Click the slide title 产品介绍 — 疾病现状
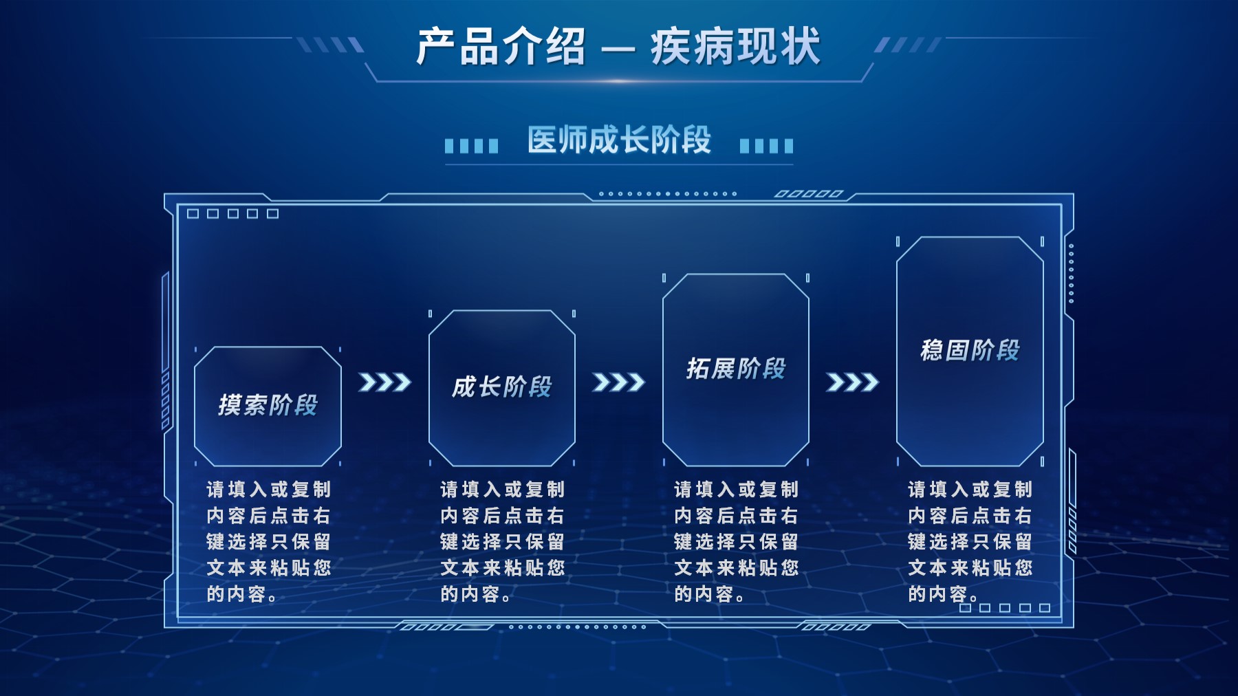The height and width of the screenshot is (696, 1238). [x=618, y=47]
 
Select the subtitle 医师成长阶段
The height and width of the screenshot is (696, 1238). [x=619, y=140]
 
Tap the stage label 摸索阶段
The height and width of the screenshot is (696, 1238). [x=268, y=405]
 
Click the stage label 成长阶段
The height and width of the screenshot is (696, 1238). [x=502, y=387]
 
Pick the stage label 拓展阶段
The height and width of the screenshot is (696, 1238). [x=736, y=369]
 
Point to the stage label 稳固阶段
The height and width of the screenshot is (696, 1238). [x=970, y=350]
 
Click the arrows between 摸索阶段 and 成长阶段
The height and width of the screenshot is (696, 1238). [x=384, y=382]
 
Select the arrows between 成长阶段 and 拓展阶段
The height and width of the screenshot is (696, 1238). [x=618, y=382]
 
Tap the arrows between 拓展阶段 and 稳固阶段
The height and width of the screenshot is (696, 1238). [x=852, y=382]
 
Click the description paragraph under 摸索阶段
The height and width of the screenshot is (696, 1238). [x=269, y=542]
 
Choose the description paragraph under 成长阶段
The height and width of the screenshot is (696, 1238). [x=503, y=542]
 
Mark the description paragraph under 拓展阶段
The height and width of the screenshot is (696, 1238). [x=737, y=542]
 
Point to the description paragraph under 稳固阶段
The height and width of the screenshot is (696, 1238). [x=970, y=542]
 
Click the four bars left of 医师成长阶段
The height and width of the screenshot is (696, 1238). [x=471, y=146]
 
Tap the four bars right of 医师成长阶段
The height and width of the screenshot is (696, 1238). [x=767, y=146]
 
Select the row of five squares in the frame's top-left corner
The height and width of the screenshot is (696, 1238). [x=233, y=214]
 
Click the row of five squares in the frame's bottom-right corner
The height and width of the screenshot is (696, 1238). [x=1005, y=608]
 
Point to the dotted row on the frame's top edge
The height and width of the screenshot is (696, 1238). [x=668, y=194]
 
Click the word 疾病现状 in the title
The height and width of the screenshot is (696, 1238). [x=736, y=47]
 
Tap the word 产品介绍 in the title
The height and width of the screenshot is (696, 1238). [x=501, y=47]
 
